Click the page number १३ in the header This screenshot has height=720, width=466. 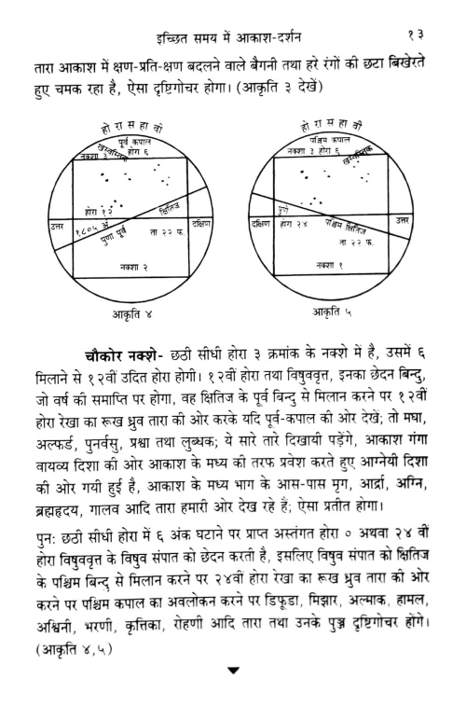418,12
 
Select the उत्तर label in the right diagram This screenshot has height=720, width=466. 402,221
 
